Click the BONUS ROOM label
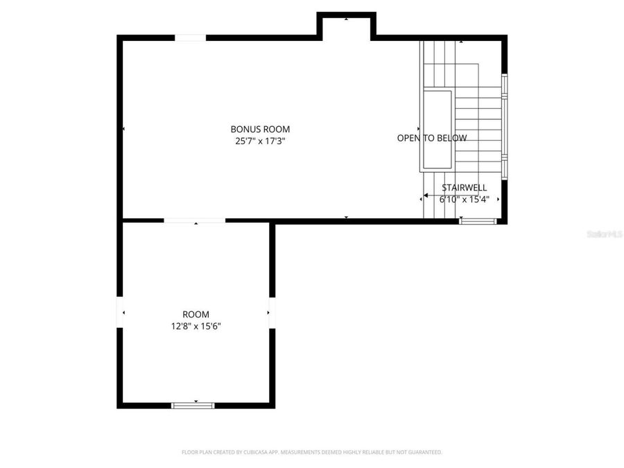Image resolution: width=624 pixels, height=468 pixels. click(x=260, y=129)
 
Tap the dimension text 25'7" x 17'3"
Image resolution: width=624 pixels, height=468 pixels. click(x=260, y=141)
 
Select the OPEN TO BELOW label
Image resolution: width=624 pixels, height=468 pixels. click(x=432, y=138)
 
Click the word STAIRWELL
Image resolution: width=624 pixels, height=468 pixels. click(x=465, y=187)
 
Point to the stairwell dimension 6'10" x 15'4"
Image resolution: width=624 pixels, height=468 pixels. click(x=465, y=199)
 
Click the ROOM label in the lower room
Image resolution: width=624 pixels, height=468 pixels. click(x=196, y=314)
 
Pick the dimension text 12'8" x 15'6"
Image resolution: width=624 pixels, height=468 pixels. click(x=196, y=326)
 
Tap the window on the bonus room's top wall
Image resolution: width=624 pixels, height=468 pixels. click(x=190, y=37)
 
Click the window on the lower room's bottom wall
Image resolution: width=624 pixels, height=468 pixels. click(x=193, y=405)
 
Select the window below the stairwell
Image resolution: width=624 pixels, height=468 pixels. click(x=478, y=221)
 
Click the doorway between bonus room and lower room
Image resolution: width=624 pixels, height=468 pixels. click(x=195, y=220)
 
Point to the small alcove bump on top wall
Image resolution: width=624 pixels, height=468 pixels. click(x=346, y=24)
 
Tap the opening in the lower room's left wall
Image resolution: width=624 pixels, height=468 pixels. click(x=120, y=313)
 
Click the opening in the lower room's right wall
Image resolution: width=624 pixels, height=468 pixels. click(x=272, y=313)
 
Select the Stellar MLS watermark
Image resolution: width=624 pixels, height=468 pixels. click(x=605, y=235)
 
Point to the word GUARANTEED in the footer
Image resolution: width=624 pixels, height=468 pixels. click(x=424, y=452)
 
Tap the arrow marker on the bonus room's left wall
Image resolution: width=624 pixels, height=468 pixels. click(x=123, y=129)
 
